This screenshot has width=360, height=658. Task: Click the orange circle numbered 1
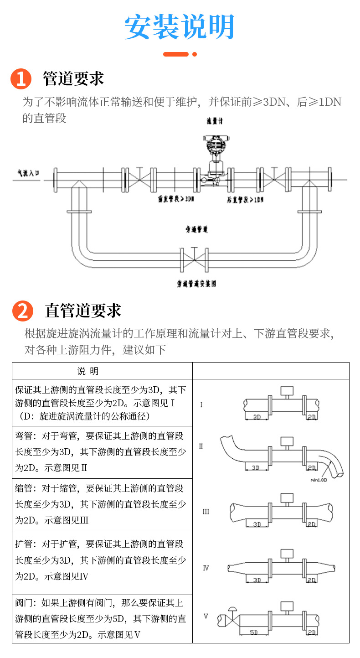pos(21,79)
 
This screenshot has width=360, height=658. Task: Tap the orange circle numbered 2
pos(23,311)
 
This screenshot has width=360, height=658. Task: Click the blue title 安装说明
pos(180,26)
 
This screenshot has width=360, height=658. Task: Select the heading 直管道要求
pos(83,311)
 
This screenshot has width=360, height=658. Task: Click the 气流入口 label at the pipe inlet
pos(28,173)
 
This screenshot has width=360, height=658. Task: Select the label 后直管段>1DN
pos(245,200)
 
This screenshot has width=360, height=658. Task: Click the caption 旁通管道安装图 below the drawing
pos(197,284)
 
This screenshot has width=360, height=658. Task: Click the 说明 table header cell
pos(87,371)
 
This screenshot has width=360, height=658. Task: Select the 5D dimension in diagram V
pos(254,632)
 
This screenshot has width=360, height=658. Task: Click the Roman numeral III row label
pos(206,512)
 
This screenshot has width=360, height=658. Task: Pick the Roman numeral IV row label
pos(206,568)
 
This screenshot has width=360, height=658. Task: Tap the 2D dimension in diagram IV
pos(312,580)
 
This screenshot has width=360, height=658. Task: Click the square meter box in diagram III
pos(287,497)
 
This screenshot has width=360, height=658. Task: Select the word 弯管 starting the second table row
pos(23,436)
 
